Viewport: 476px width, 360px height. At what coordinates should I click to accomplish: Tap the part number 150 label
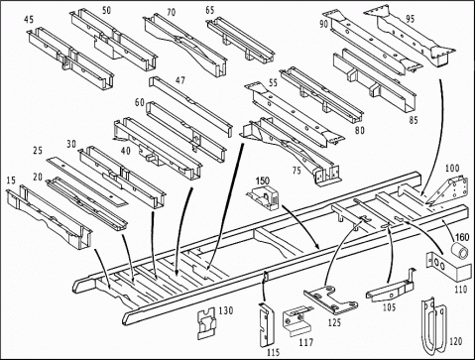[x=262, y=181]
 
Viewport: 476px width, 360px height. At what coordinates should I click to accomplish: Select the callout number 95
[x=409, y=18]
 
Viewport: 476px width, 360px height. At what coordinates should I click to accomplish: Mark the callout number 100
[x=452, y=169]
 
